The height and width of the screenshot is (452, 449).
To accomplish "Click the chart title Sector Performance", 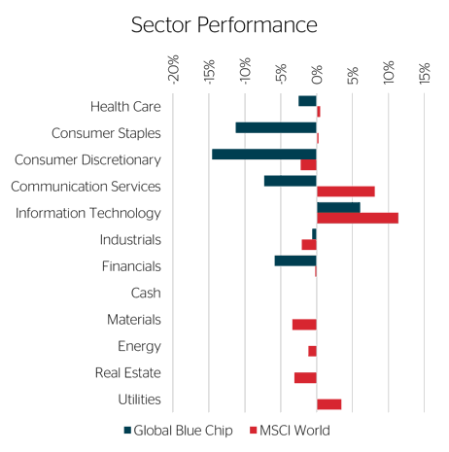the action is coord(224,25).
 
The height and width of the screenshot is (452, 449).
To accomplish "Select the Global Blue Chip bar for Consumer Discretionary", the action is coord(264,155).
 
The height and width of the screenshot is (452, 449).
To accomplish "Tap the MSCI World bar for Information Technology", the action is coord(358,218).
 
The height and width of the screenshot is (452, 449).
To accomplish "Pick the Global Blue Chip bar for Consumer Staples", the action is coord(276,127).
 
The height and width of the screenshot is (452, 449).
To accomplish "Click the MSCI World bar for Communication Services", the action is coord(346,191).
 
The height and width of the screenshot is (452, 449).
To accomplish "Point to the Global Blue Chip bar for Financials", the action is coord(295,261).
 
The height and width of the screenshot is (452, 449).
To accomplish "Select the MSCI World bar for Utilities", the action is coord(328,404).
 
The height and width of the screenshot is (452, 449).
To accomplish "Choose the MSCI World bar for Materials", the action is coord(304,325).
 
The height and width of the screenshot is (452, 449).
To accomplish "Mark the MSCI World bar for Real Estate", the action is coord(305,378).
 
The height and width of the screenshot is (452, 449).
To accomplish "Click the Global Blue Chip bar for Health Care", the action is coord(307,101).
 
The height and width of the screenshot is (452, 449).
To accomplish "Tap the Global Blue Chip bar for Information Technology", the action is coord(338,208).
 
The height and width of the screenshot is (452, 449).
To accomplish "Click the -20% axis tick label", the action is coord(174,70).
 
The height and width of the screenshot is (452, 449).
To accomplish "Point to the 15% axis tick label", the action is coord(425,74).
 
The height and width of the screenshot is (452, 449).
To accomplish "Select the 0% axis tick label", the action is coord(317,75).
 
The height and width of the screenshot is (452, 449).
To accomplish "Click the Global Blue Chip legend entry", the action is coord(179,431).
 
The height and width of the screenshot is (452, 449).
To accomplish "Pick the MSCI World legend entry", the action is coord(291,431).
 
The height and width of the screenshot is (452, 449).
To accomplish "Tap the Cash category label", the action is coord(146,293).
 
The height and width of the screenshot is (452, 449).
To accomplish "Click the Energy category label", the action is coord(139,346).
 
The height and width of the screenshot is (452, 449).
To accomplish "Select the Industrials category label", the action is coord(130,240).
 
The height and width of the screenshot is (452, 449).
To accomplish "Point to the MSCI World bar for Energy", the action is coord(312,351).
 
